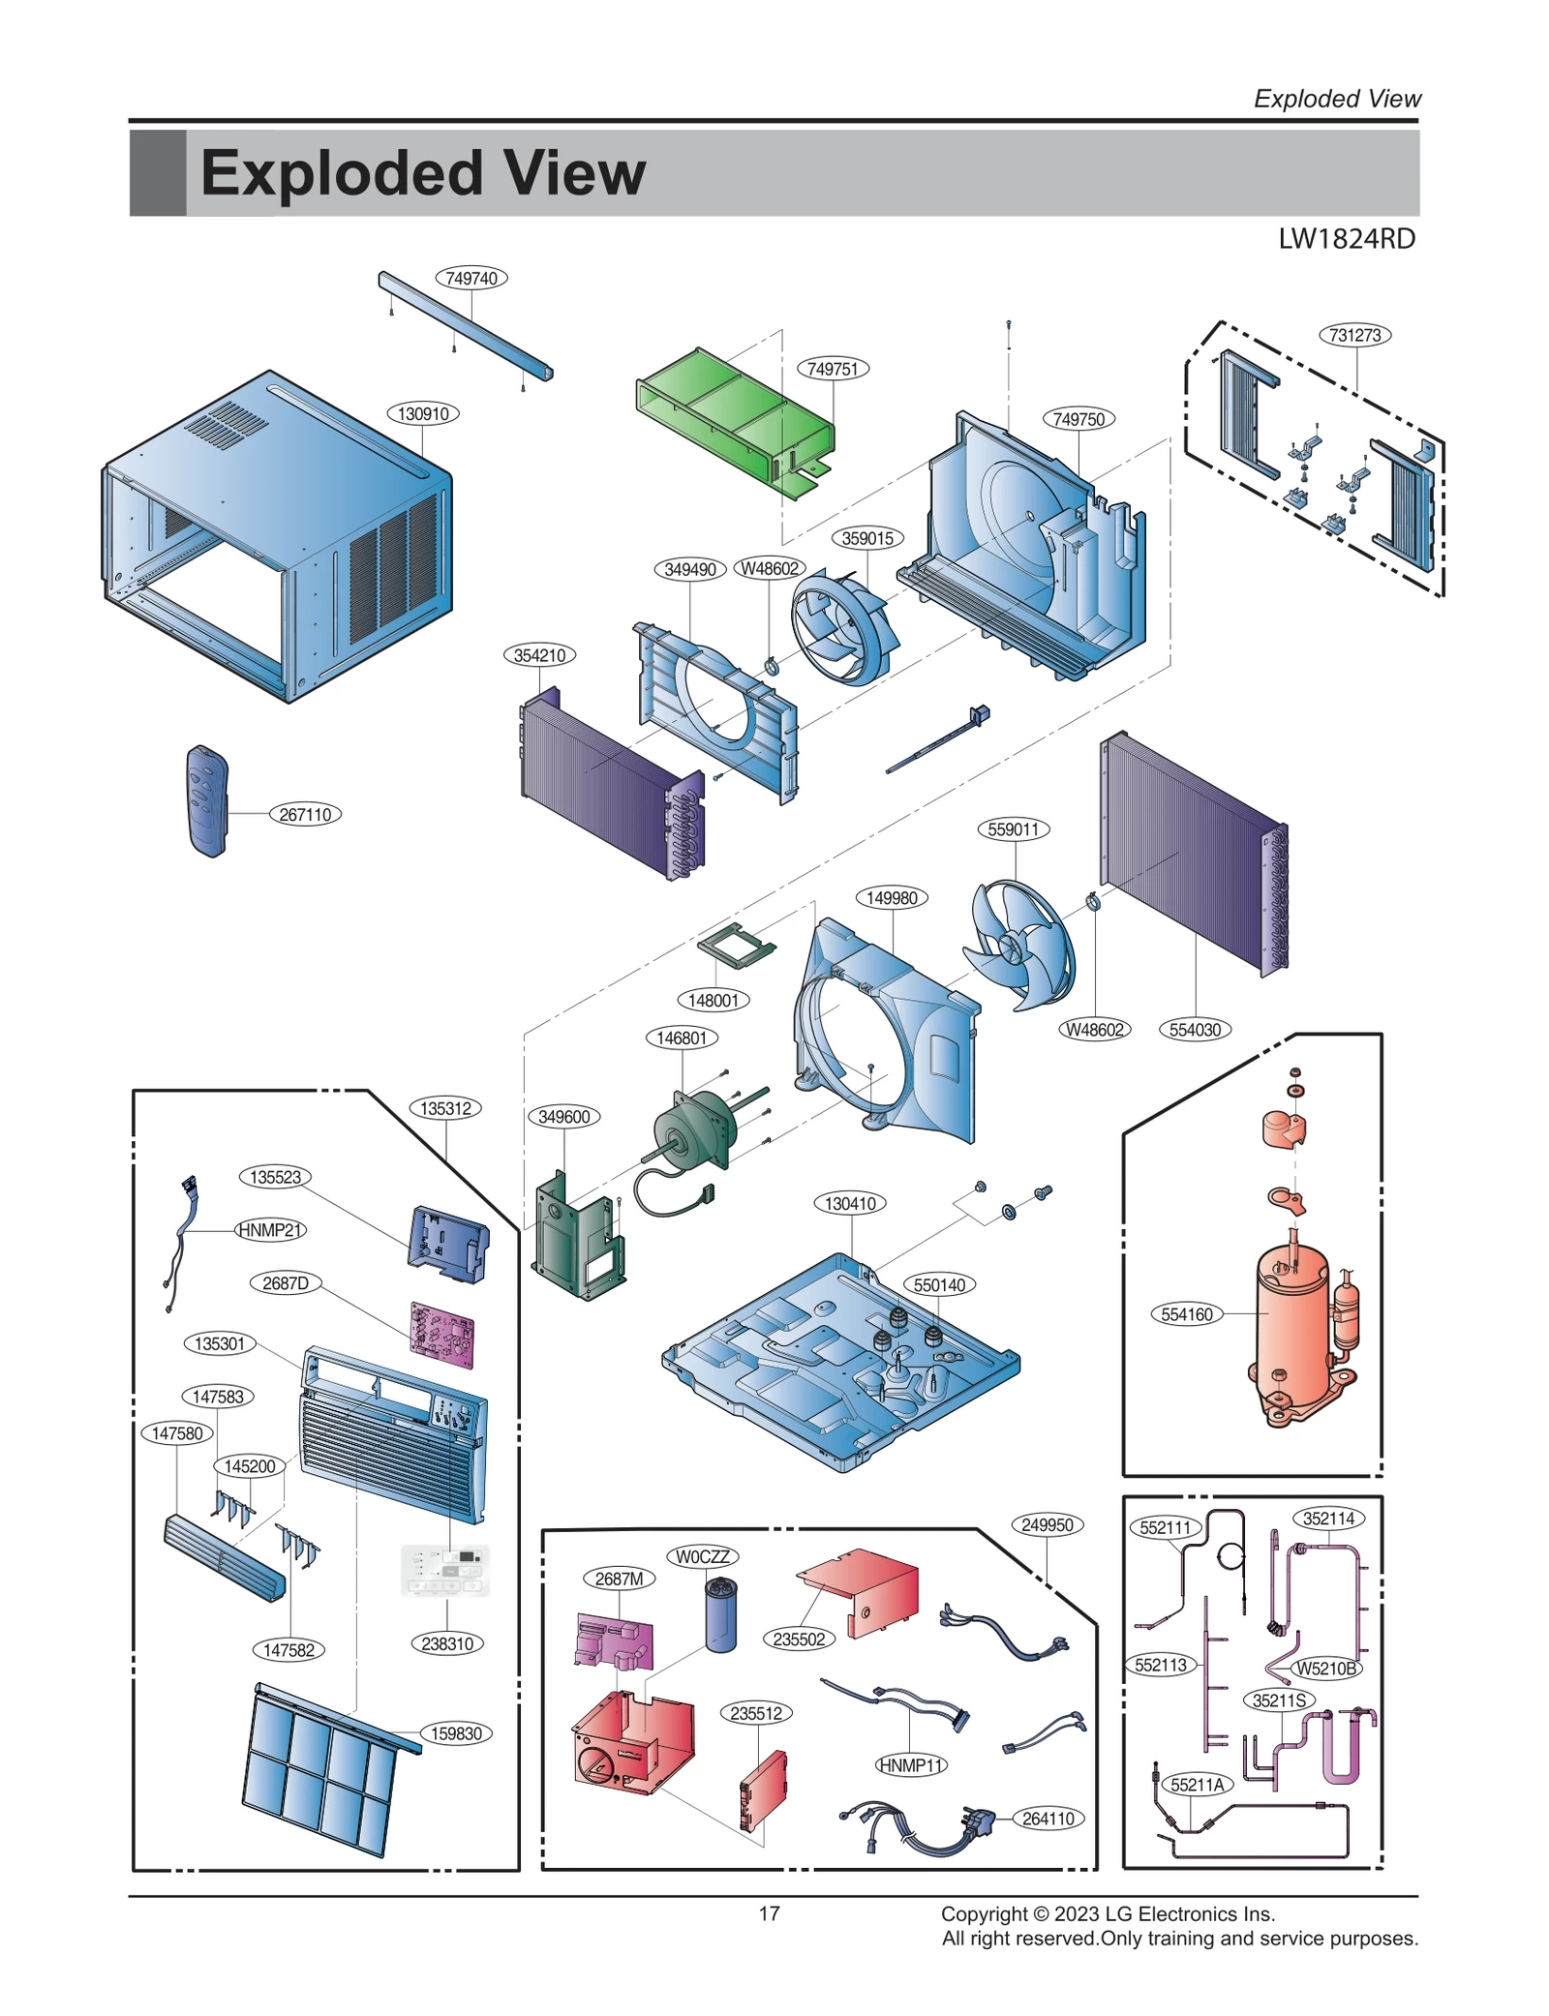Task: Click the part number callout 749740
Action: coord(471,279)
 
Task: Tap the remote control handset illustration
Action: coord(207,800)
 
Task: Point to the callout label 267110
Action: coord(305,815)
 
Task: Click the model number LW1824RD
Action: coord(1346,239)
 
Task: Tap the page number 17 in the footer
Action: coord(769,1913)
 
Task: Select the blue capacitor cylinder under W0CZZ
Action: coord(720,1615)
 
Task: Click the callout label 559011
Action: coord(1014,829)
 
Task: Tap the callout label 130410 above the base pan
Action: coord(850,1204)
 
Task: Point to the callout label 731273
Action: coord(1354,336)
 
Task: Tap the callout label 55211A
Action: coord(1198,1785)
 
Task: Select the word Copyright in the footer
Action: coord(984,1914)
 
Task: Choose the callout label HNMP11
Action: coord(910,1765)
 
